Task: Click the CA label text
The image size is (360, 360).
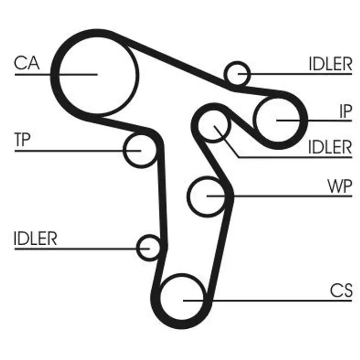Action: [27, 63]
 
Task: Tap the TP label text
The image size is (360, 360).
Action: [22, 139]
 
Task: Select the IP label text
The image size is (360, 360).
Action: [345, 112]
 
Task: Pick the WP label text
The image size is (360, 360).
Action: [339, 186]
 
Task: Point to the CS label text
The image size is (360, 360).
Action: [341, 291]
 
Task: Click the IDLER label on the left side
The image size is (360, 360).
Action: [35, 239]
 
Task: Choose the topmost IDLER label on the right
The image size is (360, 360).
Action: [330, 64]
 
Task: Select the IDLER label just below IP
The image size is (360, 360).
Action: [330, 147]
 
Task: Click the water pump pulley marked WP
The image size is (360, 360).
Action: [188, 196]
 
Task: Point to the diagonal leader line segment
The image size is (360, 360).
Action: [227, 141]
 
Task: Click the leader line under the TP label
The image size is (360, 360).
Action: [78, 151]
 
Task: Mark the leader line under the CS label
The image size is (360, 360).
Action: [267, 300]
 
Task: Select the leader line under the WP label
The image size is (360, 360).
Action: [279, 196]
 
